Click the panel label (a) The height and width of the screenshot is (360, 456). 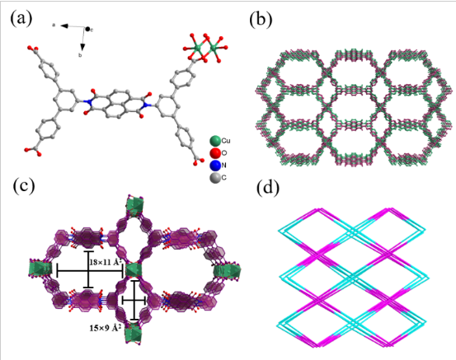[x=21, y=19]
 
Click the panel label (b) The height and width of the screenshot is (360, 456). [x=261, y=19]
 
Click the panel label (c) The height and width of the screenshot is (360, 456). [x=24, y=186]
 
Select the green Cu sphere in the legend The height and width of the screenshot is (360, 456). [x=215, y=141]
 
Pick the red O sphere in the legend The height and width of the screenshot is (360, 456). [x=215, y=153]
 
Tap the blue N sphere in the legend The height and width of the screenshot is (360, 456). [x=215, y=166]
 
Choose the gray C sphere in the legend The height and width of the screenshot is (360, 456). [x=215, y=178]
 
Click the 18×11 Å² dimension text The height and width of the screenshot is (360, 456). [x=105, y=262]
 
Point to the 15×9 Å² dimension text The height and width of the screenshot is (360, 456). [x=105, y=329]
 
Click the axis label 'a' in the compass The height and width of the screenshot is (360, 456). [x=54, y=26]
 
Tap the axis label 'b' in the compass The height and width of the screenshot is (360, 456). [x=81, y=55]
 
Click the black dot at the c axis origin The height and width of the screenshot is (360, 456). [x=87, y=29]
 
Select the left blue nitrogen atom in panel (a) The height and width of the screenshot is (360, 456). [x=86, y=101]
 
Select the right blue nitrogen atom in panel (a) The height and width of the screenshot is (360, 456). [x=148, y=105]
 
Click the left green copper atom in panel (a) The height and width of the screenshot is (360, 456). [x=199, y=47]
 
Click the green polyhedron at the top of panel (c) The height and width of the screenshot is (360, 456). [x=134, y=205]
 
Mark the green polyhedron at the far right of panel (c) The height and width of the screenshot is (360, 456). [x=227, y=270]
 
